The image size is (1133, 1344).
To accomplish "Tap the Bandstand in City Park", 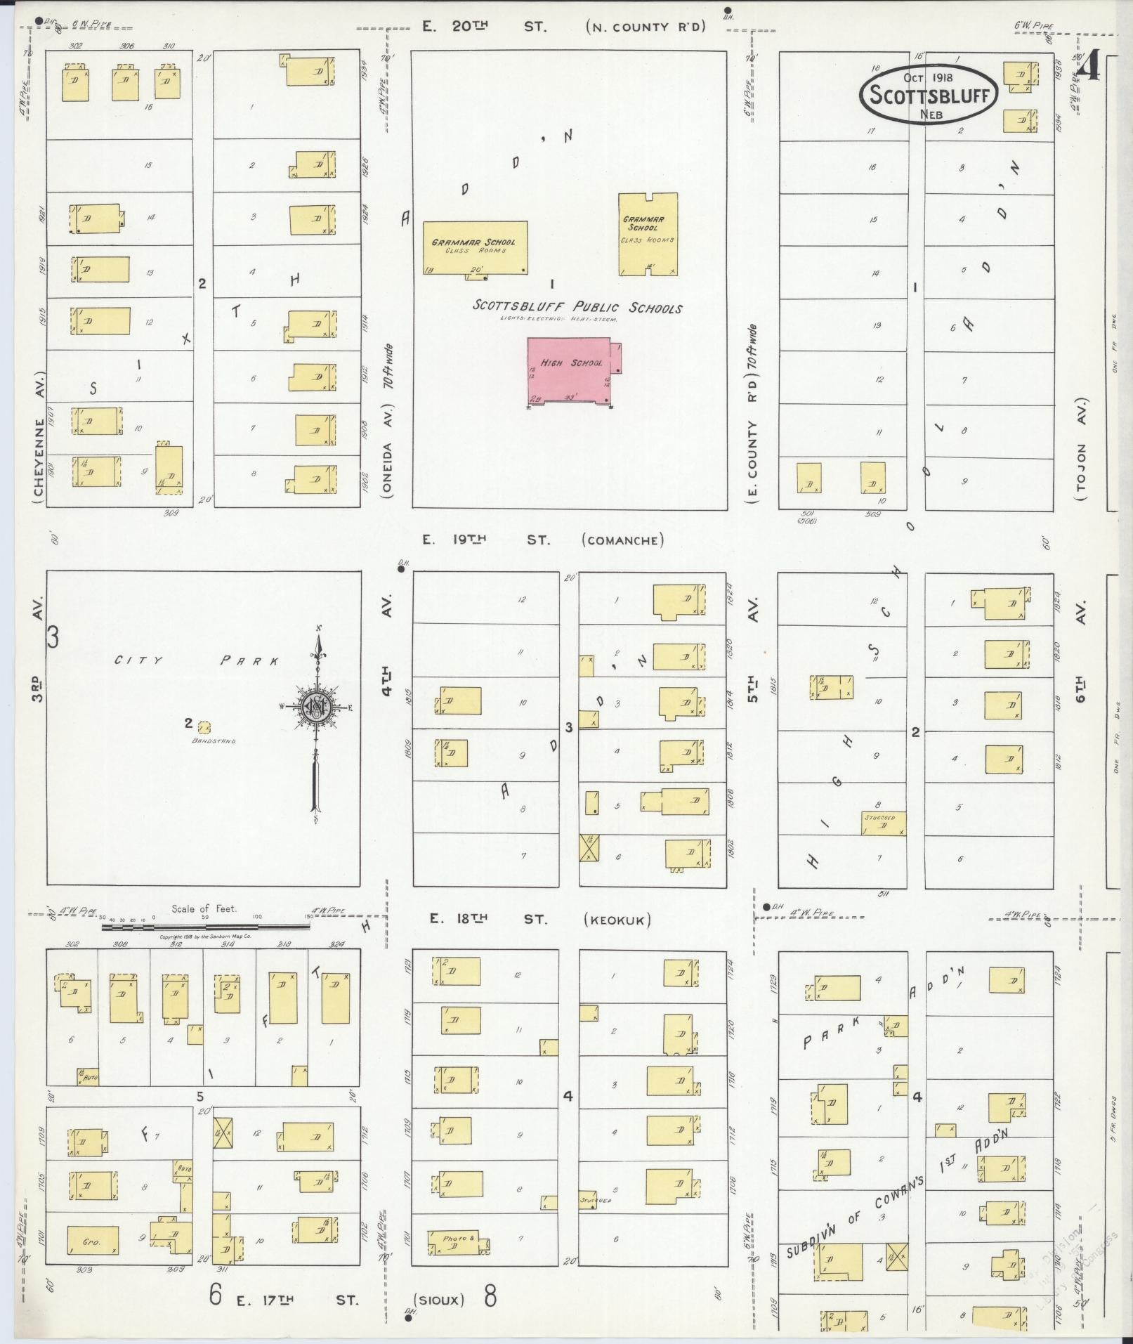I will pos(204,727).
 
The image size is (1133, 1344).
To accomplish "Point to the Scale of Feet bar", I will pos(206,927).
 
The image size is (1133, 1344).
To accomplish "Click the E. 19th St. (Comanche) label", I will pos(542,540).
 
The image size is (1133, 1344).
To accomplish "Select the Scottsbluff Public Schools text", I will pos(577,307).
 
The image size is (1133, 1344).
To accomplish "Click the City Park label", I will pos(197,660).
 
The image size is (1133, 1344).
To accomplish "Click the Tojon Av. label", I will pos(1081,450).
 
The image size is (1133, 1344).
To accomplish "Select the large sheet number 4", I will pos(1089,69).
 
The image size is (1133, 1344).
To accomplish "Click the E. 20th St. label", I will pos(484,27).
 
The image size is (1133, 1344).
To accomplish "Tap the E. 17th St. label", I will pos(297,1299).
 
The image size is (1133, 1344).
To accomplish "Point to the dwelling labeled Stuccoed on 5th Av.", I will pos(883,823).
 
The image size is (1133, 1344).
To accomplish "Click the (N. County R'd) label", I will pos(645,27).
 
